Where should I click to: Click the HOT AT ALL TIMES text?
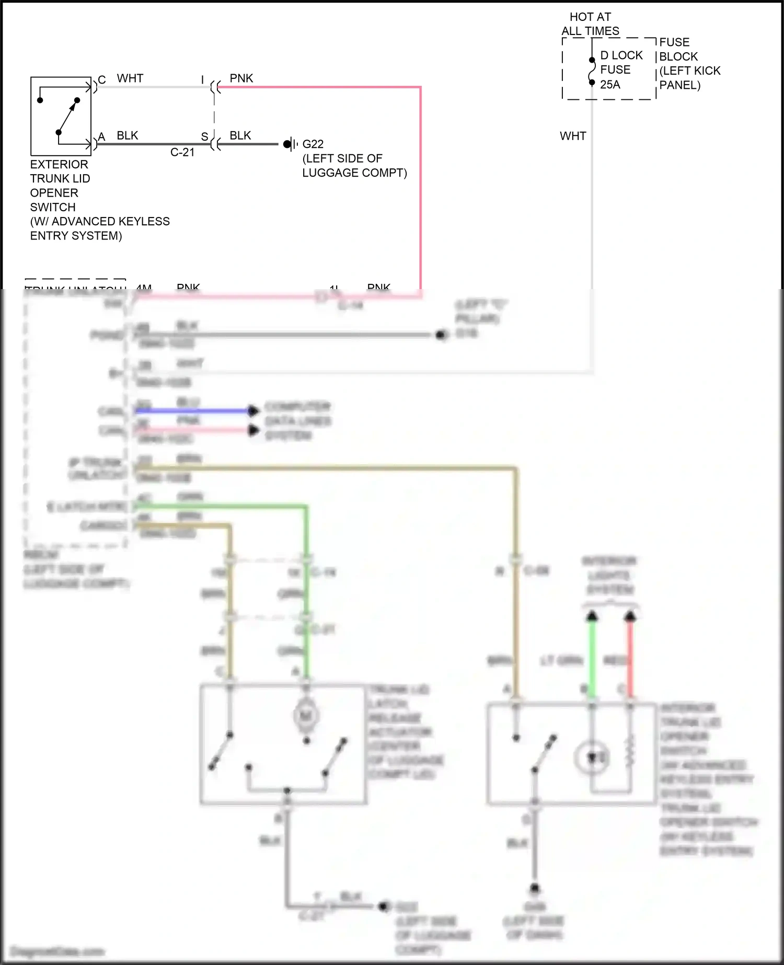click(x=590, y=24)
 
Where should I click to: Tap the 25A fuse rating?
click(x=610, y=85)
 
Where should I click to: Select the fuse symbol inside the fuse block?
click(x=592, y=71)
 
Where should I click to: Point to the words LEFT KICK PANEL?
click(x=689, y=78)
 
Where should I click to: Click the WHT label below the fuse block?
click(x=573, y=136)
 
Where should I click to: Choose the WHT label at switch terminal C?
click(x=130, y=78)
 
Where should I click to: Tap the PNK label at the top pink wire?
click(x=241, y=78)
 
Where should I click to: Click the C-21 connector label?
click(x=182, y=153)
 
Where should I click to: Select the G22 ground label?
click(x=313, y=144)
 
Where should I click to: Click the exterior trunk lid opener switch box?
click(x=61, y=116)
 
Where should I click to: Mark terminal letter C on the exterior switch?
click(x=102, y=80)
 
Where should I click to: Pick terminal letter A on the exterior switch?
click(x=102, y=137)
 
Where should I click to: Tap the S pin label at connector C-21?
click(x=205, y=137)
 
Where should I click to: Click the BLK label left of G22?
click(x=240, y=136)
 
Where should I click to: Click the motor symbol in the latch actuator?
click(x=306, y=715)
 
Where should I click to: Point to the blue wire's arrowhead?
click(x=253, y=411)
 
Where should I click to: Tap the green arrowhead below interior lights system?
click(x=592, y=617)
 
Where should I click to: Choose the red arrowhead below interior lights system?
click(x=630, y=617)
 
